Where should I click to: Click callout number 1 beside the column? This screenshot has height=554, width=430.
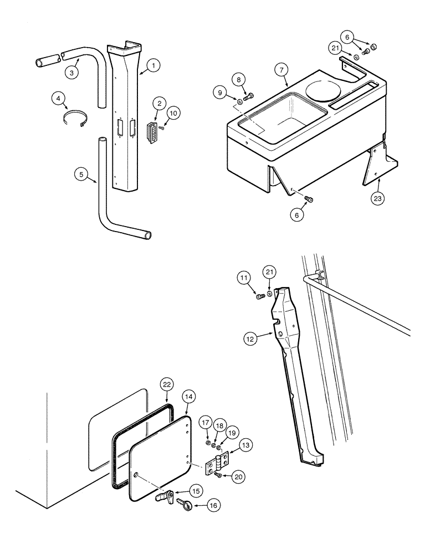tap(153, 65)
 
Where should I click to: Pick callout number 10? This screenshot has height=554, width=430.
tap(173, 112)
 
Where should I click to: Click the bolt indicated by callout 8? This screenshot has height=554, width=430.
tap(247, 97)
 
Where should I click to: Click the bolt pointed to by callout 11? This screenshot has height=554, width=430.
tap(261, 297)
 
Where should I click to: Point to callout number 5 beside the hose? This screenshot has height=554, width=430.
tap(81, 174)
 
